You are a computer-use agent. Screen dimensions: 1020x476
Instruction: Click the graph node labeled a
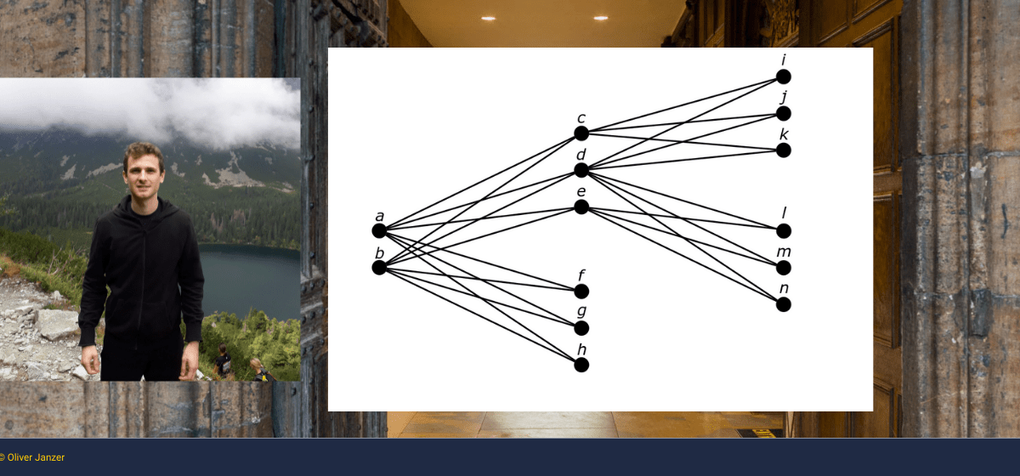click(x=379, y=231)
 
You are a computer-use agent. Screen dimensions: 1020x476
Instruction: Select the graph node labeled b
click(x=379, y=268)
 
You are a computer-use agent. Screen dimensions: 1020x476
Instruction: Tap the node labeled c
click(x=581, y=133)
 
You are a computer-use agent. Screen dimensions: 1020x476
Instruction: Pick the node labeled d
click(x=581, y=170)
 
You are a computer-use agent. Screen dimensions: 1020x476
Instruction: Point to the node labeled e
click(x=581, y=207)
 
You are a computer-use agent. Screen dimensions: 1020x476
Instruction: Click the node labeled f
click(x=581, y=291)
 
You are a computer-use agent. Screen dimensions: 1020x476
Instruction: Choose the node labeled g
click(x=581, y=328)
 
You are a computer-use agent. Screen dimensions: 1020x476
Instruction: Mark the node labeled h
click(x=581, y=365)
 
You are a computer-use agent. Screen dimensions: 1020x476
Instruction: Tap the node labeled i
click(x=784, y=76)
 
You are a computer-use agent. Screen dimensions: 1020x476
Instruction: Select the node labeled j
click(x=784, y=113)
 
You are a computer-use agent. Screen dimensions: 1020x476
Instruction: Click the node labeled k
click(x=784, y=150)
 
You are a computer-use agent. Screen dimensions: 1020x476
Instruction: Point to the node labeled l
click(x=784, y=231)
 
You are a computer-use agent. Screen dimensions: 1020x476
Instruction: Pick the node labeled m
click(x=784, y=268)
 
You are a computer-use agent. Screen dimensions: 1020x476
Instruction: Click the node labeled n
click(x=784, y=304)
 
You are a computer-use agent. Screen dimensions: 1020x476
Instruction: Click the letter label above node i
click(x=784, y=59)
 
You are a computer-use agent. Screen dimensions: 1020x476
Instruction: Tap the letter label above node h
click(x=581, y=348)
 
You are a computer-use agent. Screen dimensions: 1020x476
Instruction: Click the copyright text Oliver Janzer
click(x=32, y=457)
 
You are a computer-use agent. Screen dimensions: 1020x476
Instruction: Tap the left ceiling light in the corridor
click(x=488, y=19)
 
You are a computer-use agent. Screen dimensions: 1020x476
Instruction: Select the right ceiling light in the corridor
click(x=601, y=18)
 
